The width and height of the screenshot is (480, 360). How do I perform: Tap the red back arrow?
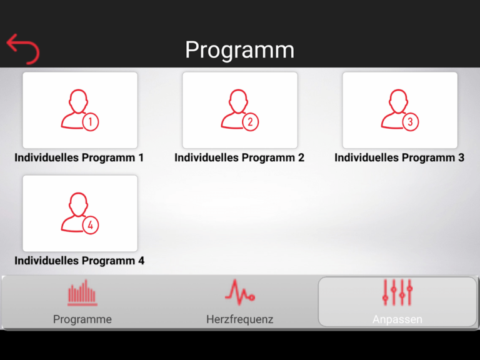[x=22, y=49]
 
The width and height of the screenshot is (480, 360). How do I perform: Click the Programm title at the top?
[x=239, y=50]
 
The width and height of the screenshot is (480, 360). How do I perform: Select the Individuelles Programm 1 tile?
[x=80, y=110]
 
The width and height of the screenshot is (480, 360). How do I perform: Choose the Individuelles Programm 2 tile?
[x=240, y=110]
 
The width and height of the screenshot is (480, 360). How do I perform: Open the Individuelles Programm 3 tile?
[x=400, y=110]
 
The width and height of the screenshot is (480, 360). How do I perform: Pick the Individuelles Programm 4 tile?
[x=80, y=213]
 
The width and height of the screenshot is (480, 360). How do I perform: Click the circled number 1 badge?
[x=91, y=122]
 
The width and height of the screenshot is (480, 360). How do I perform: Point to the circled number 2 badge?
[x=250, y=122]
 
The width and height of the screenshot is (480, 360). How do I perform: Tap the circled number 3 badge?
[x=410, y=122]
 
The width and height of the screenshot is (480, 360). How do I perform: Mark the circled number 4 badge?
[x=91, y=225]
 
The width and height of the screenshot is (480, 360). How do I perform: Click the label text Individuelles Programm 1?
[x=79, y=157]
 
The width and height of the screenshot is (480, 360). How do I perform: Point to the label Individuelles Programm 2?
[x=239, y=157]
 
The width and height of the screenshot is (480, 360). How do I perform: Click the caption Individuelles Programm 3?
[x=399, y=157]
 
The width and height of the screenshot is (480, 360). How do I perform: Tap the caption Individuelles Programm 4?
[x=79, y=261]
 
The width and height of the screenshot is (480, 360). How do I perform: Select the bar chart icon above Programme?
[x=82, y=292]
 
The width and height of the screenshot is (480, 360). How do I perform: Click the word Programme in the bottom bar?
[x=82, y=319]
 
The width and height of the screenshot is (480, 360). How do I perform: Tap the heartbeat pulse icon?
[x=240, y=292]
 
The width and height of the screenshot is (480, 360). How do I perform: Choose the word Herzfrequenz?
[x=240, y=319]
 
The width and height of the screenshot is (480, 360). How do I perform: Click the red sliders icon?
[x=397, y=292]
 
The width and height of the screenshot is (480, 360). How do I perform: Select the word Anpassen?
[x=397, y=319]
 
